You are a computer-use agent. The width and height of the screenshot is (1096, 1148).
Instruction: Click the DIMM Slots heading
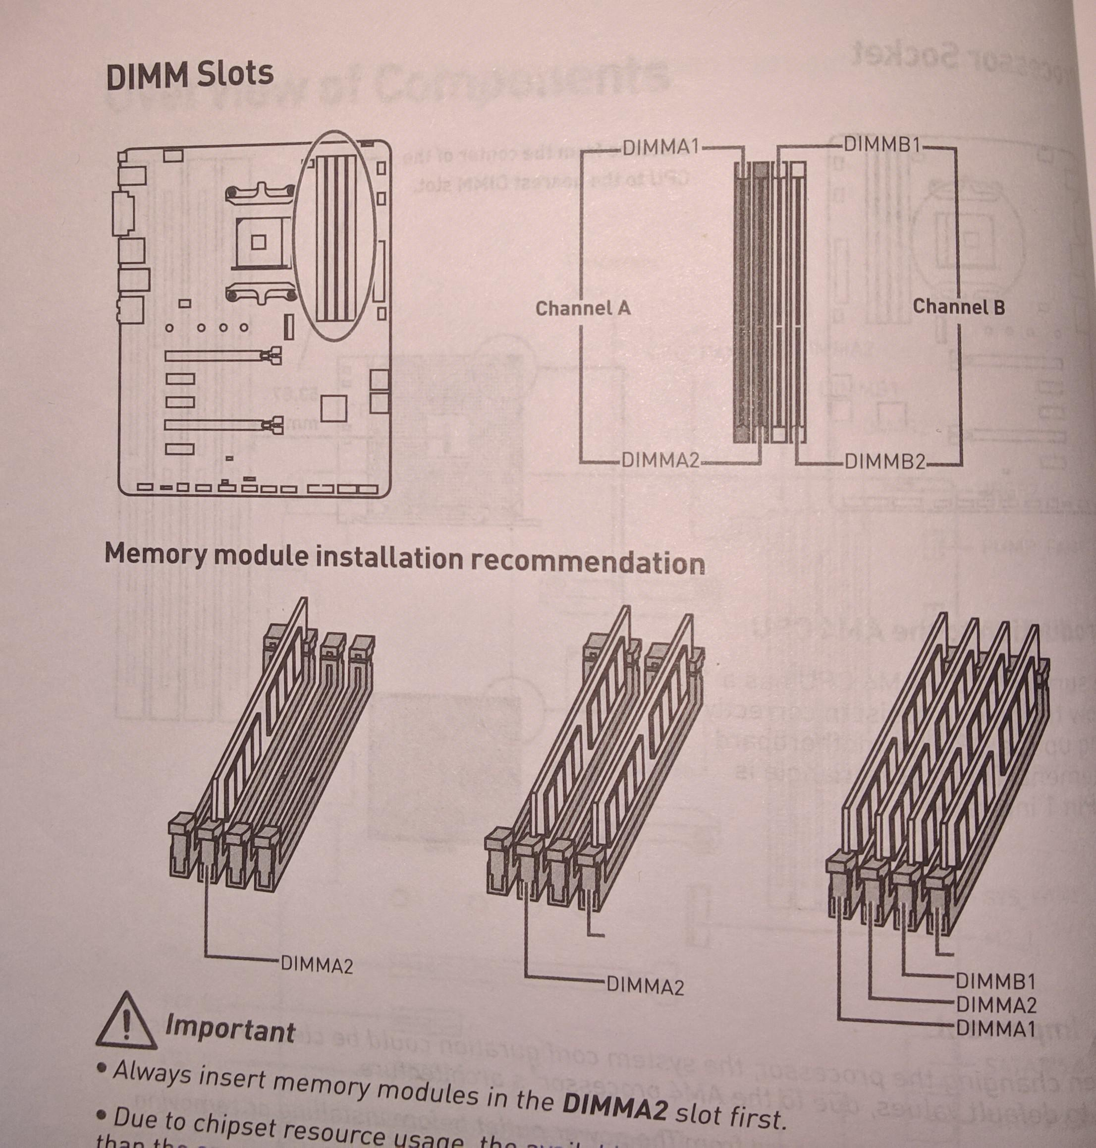189,75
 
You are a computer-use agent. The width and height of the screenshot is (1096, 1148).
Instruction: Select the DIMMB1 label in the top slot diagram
881,144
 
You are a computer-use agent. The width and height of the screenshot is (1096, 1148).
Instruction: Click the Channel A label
583,308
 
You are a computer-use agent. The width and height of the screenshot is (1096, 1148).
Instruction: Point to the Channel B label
958,306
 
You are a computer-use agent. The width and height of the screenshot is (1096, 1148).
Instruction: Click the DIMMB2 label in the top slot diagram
884,462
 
